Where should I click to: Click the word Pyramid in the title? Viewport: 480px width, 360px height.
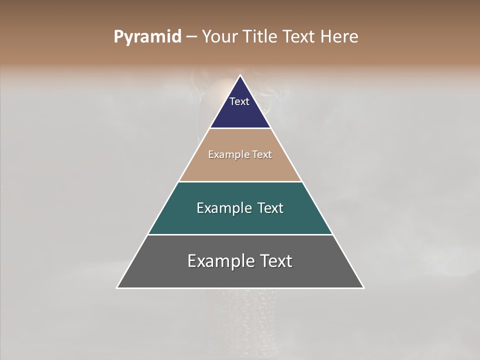click(x=147, y=37)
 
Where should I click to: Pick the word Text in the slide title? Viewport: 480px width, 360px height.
click(x=298, y=36)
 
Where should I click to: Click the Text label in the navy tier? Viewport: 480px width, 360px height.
click(x=239, y=101)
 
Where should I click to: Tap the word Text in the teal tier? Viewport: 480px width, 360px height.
click(x=270, y=208)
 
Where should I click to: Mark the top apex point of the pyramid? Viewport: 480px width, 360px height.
click(x=240, y=75)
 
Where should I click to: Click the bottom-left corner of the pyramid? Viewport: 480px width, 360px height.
click(x=117, y=287)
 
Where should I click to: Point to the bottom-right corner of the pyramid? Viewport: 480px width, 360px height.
click(x=363, y=287)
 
